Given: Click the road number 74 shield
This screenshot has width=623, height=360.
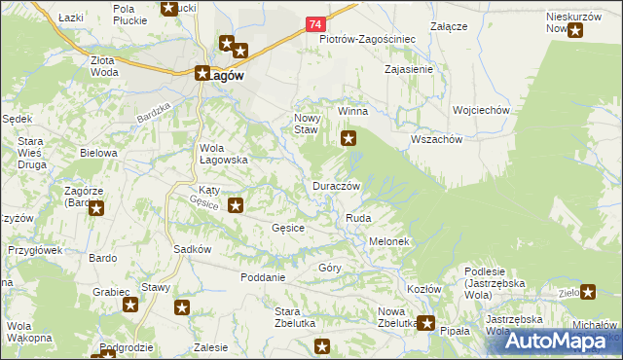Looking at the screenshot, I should tap(313, 22).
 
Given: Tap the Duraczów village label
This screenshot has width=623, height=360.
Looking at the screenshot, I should tap(337, 185).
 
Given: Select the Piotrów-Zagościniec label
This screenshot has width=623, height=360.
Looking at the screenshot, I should tap(368, 40).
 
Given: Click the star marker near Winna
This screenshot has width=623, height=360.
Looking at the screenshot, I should tap(348, 140).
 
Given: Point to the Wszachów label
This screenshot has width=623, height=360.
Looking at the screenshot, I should tap(436, 139).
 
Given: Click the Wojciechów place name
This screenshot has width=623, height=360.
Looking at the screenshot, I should tap(481, 111).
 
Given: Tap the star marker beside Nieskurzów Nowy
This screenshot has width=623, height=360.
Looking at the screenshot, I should tap(575, 30).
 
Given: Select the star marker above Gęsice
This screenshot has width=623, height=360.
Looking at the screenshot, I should tap(236, 205).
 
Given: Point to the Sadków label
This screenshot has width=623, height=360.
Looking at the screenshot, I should tap(192, 249).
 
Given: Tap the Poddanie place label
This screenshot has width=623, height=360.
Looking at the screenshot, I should tap(263, 277).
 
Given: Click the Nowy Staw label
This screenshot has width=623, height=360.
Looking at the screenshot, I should tap(307, 123).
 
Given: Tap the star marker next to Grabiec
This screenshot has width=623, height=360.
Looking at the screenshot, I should tap(131, 306).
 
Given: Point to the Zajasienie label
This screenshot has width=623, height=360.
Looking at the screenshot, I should tap(409, 70).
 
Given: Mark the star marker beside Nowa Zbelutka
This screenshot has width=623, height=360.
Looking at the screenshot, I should tap(425, 323).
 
